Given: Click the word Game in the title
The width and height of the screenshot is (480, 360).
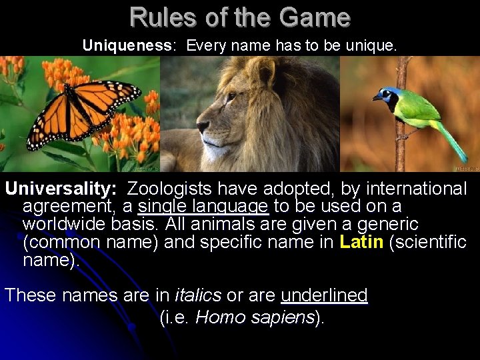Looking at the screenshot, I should tap(316, 17).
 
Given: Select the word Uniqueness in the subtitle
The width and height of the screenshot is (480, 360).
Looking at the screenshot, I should tap(127, 45).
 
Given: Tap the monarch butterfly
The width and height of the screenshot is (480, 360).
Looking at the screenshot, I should tap(83, 111).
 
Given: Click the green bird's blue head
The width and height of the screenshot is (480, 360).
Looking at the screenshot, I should tap(387, 95).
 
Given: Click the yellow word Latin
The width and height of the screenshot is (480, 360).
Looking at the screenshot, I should tap(361, 241).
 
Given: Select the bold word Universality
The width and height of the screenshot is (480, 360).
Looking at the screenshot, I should tap(61, 189).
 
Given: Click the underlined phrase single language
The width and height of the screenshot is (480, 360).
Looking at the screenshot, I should tap(203, 207).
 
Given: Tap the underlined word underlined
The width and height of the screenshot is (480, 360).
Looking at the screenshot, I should tap(324, 295).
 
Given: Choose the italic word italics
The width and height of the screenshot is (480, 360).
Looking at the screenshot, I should tap(197, 295).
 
